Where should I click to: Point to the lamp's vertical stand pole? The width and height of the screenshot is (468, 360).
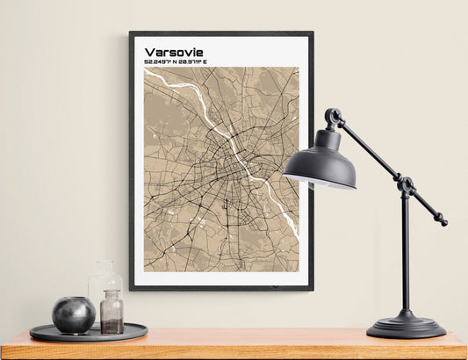click(405, 255)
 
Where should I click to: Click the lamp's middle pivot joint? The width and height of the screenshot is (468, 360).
click(406, 185)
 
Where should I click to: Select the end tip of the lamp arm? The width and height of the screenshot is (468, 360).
click(443, 222)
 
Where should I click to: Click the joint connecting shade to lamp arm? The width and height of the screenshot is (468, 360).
click(334, 117)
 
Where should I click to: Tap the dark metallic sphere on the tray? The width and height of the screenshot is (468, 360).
click(74, 314)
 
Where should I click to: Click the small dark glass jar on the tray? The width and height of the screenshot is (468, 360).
click(112, 313)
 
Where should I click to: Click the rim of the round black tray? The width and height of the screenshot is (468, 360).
click(88, 337)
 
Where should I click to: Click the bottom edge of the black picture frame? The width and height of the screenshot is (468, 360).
click(221, 287)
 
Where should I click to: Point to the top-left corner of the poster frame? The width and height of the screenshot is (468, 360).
click(132, 34)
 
